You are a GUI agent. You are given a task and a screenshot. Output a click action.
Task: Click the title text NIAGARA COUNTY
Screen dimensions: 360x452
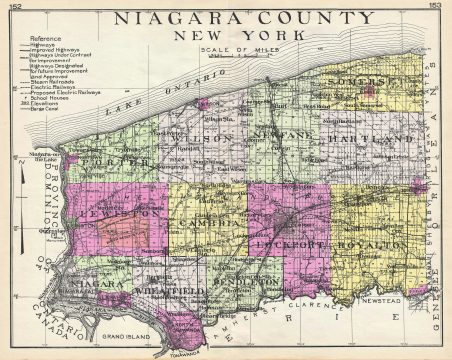point(233,18)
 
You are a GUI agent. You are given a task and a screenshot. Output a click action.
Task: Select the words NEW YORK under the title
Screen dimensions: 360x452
point(231,35)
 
